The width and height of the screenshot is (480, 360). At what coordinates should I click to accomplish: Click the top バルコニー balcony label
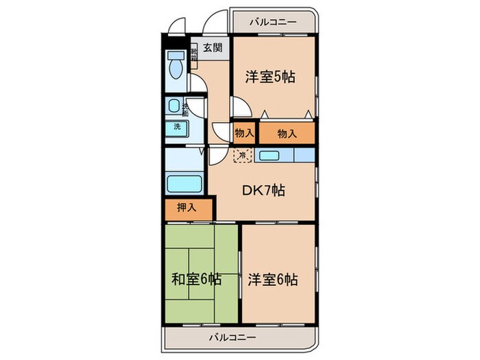tap(274, 22)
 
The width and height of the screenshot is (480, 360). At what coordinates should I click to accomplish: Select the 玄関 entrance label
tap(212, 48)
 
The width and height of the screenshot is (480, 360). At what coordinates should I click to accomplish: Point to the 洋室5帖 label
tap(271, 77)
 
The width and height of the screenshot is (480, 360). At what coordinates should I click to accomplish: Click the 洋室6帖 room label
tap(274, 280)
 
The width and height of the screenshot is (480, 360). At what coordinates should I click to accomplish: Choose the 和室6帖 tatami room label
tap(196, 280)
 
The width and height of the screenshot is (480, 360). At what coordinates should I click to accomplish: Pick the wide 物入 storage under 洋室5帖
tap(287, 134)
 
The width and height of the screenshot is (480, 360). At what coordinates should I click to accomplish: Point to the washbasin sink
tap(174, 106)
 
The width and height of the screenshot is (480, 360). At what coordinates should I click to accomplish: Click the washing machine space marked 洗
tap(177, 127)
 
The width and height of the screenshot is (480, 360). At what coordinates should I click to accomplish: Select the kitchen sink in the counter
tap(268, 156)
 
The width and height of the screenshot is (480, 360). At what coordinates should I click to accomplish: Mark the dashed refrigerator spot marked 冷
tap(243, 156)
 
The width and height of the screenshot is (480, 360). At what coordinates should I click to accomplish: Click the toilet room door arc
tap(197, 85)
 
